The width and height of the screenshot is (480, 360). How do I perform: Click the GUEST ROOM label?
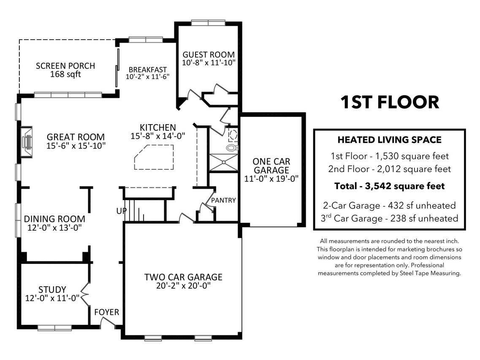[209, 55]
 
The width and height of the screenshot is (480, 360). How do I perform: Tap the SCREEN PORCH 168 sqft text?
[65, 70]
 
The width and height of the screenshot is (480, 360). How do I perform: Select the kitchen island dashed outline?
[154, 157]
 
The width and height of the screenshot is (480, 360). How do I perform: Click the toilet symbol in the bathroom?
[232, 148]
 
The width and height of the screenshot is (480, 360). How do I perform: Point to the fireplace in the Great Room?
[27, 142]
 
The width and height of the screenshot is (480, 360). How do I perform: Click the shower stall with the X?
[223, 162]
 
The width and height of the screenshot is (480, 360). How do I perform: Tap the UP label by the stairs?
[121, 211]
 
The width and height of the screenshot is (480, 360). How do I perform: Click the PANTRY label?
[223, 200]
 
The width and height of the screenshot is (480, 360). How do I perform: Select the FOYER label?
[106, 312]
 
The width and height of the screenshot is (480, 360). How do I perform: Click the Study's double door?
[85, 295]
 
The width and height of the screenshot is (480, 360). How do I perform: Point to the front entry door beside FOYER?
[108, 322]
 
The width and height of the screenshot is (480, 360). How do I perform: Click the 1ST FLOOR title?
[390, 102]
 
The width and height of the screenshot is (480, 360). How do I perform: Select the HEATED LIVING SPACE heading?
[389, 140]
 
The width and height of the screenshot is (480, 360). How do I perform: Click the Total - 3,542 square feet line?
[389, 186]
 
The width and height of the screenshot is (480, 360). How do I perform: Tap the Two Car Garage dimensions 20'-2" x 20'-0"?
[183, 286]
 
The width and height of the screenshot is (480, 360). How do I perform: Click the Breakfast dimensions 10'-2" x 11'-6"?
[148, 76]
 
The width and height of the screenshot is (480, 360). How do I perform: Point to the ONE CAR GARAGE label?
[271, 165]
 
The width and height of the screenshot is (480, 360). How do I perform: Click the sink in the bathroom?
[233, 135]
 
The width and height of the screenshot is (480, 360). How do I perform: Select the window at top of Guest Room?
[208, 23]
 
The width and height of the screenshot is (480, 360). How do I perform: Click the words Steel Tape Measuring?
[430, 273]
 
